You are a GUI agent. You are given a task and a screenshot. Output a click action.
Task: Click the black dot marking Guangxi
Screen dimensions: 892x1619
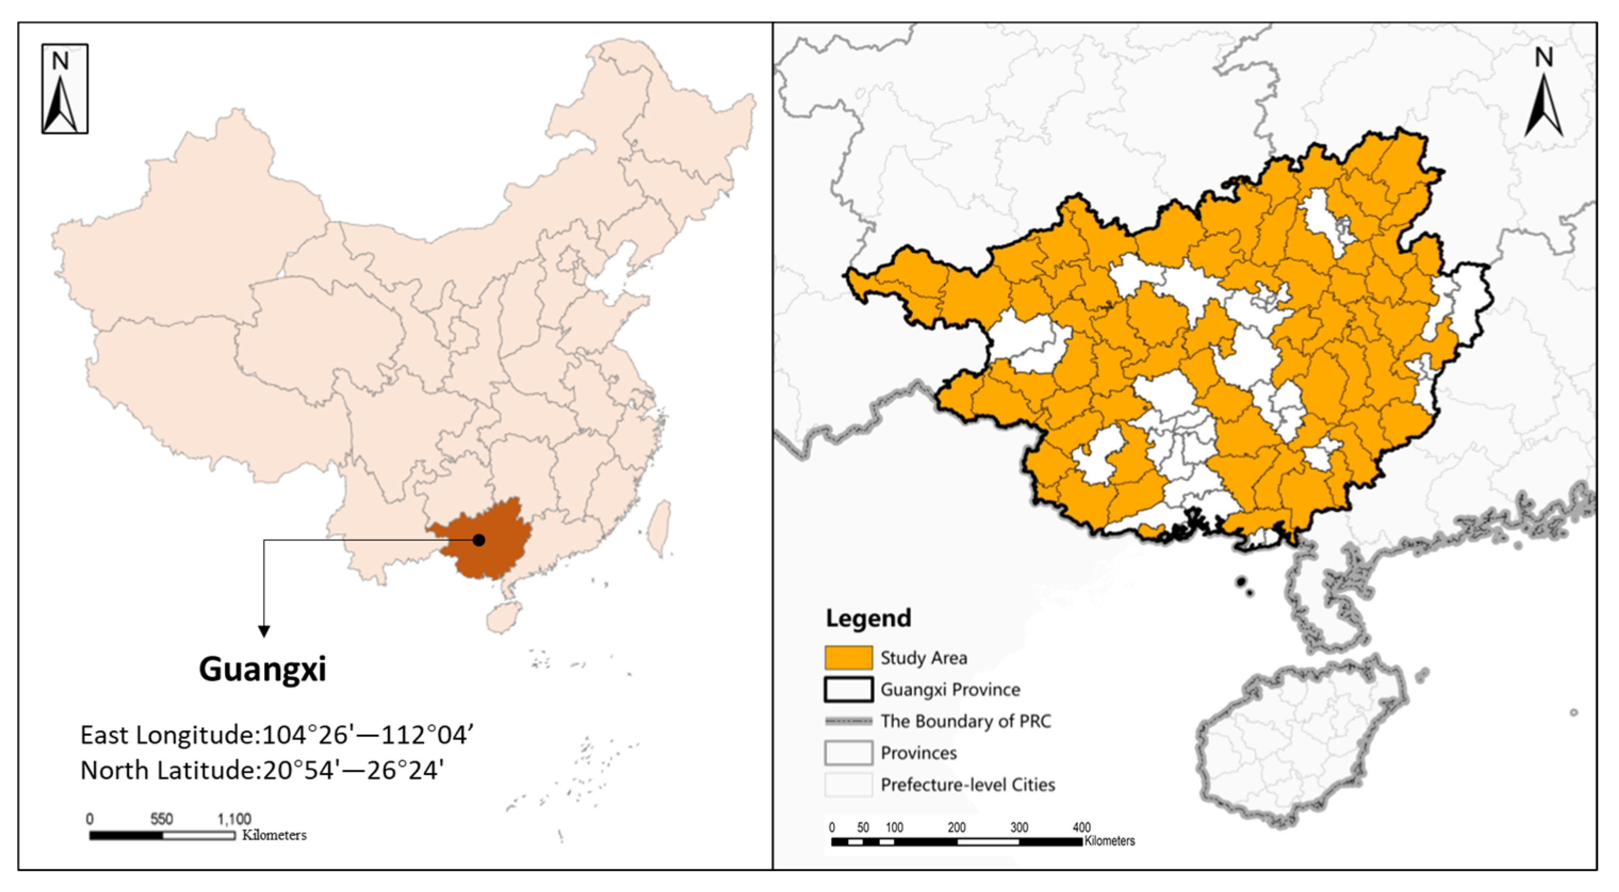tap(479, 540)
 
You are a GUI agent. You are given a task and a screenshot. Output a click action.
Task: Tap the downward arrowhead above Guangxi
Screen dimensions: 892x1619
tap(264, 631)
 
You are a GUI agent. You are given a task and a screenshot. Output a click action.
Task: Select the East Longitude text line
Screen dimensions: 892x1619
tap(276, 735)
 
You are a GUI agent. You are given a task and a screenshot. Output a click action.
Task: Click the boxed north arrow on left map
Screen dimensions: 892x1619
tap(65, 88)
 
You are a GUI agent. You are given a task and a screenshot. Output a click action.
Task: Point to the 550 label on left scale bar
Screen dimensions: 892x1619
tap(161, 819)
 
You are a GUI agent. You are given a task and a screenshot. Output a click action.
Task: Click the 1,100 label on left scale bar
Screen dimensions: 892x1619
tap(234, 819)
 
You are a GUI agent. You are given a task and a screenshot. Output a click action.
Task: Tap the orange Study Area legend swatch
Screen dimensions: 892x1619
tap(848, 658)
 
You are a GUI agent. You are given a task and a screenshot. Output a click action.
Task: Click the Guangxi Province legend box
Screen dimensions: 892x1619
tap(848, 689)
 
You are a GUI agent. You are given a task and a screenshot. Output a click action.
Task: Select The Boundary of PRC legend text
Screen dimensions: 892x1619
tap(965, 721)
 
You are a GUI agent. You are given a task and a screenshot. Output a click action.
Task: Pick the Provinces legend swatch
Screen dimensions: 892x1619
tap(848, 753)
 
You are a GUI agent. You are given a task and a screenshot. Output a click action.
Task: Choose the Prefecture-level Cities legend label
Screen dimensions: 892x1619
tap(967, 784)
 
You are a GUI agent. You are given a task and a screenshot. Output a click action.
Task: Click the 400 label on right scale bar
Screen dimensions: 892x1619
tap(1081, 827)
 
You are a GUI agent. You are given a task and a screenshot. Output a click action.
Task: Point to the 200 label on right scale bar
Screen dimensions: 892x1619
tap(957, 827)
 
